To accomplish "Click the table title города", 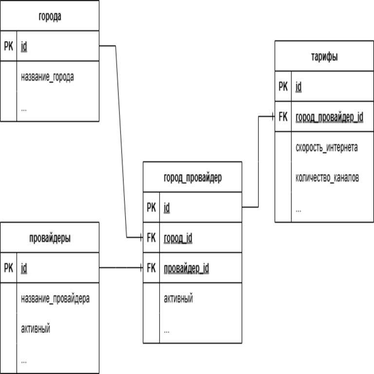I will [49, 17].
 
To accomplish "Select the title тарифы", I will [324, 56].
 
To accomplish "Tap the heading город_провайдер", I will [192, 177].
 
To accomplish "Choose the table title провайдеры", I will [49, 238].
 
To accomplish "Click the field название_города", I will [47, 77].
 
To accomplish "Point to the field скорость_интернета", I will [327, 148].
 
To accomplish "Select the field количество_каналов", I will [327, 178].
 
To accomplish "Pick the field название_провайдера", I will [55, 299].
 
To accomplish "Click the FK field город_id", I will [178, 238].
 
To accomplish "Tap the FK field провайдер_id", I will [187, 268].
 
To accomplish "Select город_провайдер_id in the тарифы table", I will [329, 117].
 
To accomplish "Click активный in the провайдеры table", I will [36, 329].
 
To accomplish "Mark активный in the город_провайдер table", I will [178, 299].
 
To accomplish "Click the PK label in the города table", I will [9, 47].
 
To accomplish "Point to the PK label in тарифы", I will [283, 87].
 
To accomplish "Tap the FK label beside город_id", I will [151, 238].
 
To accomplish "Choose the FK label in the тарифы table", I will [283, 117].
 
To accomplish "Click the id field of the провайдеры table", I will [24, 268].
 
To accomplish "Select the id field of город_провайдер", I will [167, 208].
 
